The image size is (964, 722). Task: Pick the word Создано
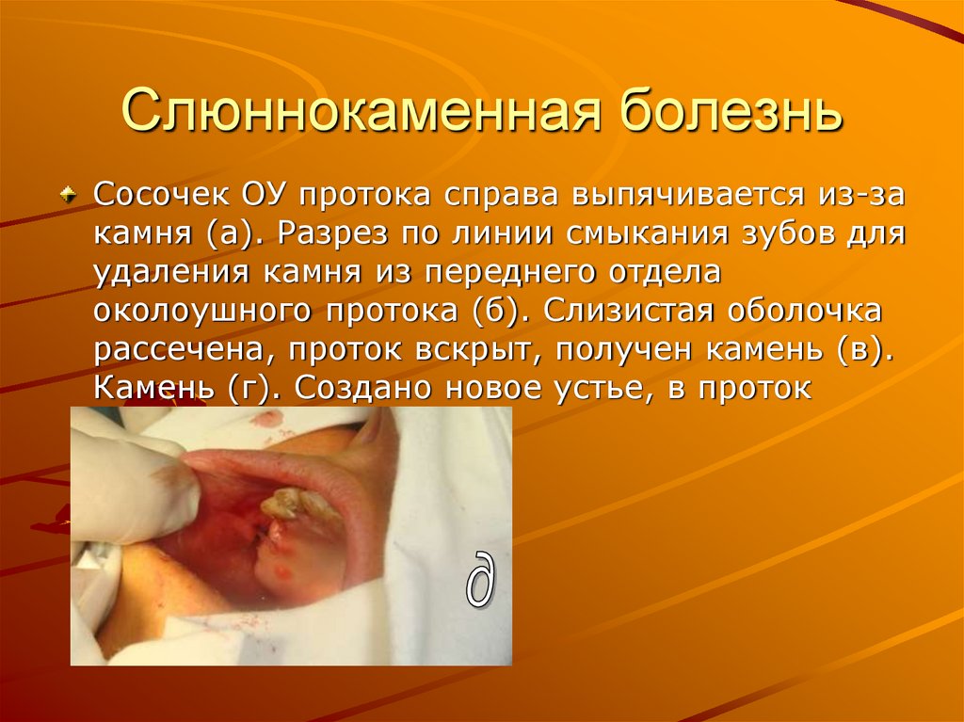358,389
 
